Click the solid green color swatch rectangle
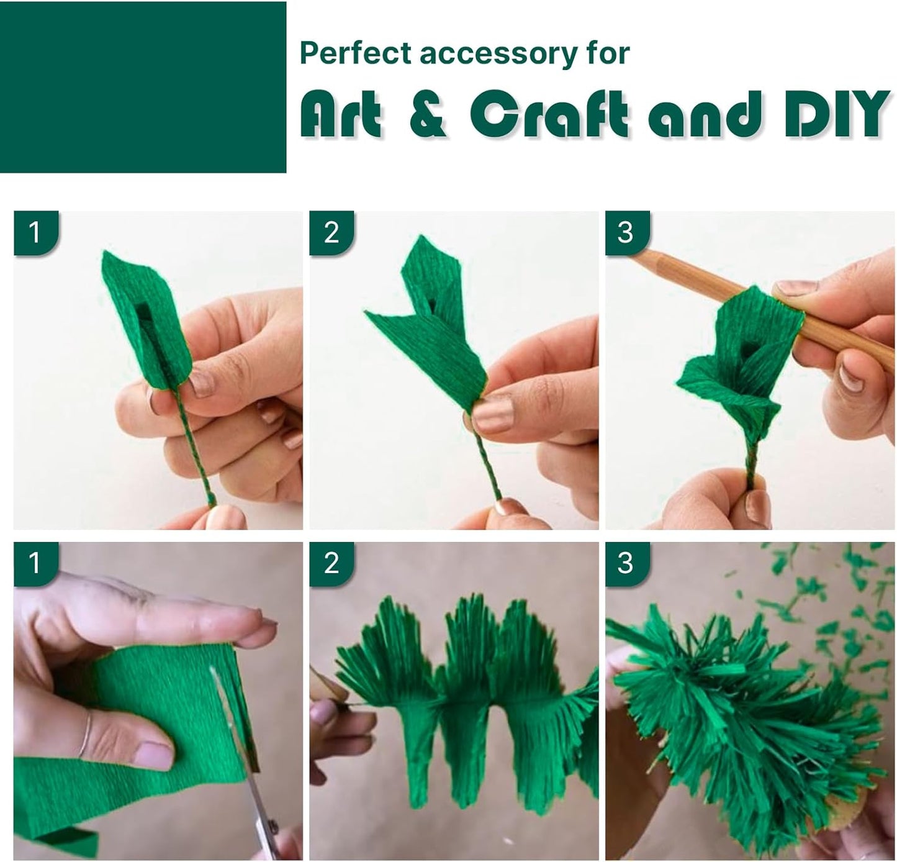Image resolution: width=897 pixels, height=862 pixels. coord(143,87)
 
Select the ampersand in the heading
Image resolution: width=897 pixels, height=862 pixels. coord(428,114)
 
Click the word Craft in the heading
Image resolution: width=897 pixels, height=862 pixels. coord(549,114)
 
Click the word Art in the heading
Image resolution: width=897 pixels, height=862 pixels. coord(341,114)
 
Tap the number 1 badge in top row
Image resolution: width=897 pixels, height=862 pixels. coord(35,233)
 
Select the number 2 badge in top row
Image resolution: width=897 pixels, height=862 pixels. coord(331,233)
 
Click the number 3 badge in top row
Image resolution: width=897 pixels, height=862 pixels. coord(626,233)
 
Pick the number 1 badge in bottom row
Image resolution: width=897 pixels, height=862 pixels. coord(35,563)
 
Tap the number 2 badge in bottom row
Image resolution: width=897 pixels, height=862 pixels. coord(331,563)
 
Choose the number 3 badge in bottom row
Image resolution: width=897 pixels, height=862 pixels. coord(626,563)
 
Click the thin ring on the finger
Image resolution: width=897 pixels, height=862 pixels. coord(88,733)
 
